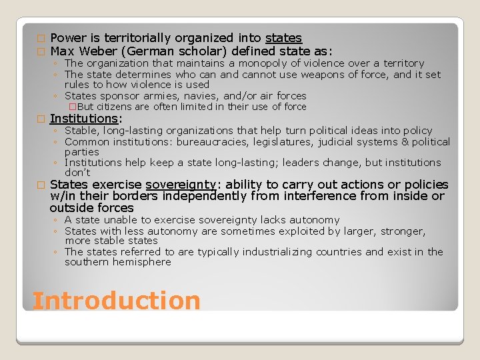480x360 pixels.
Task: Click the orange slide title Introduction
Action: [x=116, y=301]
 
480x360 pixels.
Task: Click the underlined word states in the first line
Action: [x=283, y=39]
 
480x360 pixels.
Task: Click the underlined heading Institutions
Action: [x=84, y=119]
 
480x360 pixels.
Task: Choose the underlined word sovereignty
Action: [x=181, y=185]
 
